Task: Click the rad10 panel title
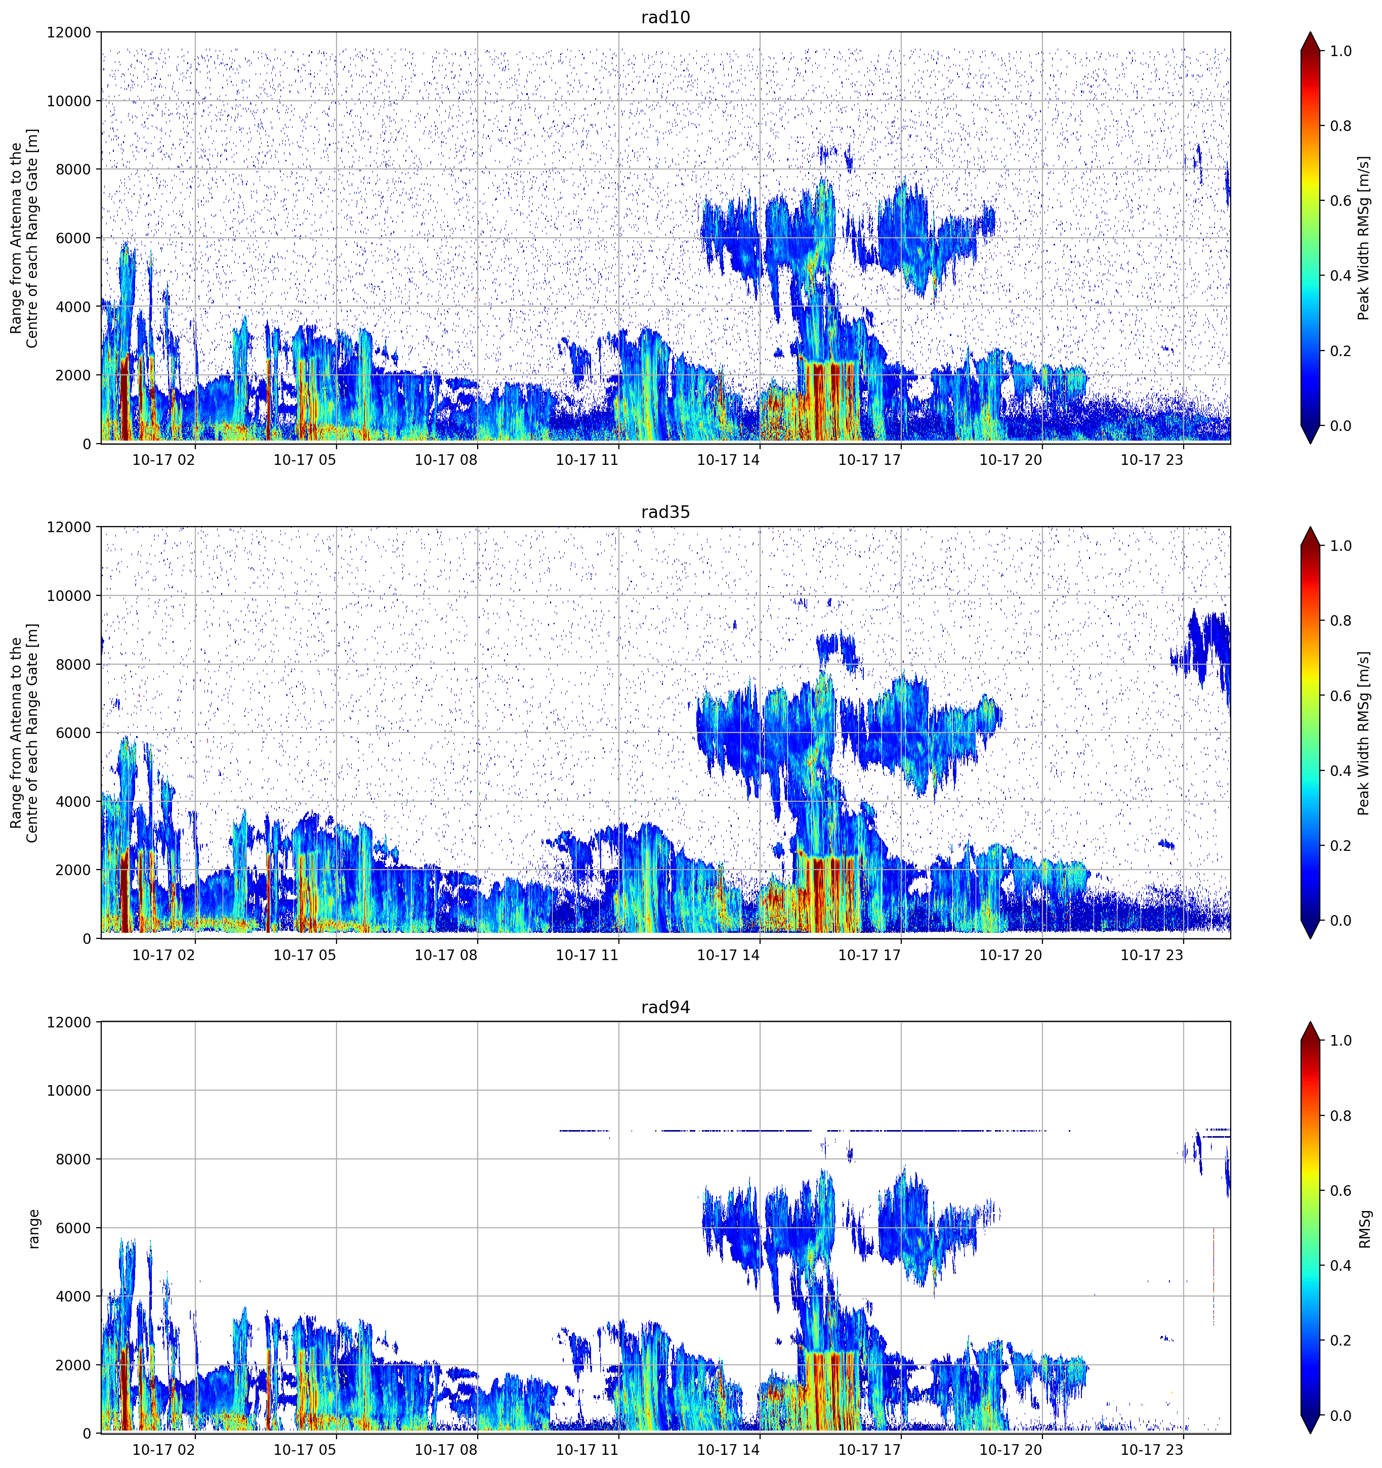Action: coord(665,18)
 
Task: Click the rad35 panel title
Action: coord(665,512)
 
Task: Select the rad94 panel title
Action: coord(665,1007)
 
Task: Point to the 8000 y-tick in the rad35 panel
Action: coord(74,665)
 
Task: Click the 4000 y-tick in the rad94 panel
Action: coord(74,1297)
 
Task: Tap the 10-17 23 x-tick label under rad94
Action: coord(1152,1450)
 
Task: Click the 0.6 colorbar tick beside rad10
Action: coord(1341,201)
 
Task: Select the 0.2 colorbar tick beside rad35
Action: coord(1341,845)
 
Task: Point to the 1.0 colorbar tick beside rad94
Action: coord(1341,1041)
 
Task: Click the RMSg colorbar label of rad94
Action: coord(1365,1228)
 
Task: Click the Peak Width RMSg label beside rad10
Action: coord(1364,238)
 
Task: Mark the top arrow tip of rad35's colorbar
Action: coord(1310,527)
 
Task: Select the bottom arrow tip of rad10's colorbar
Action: coord(1310,443)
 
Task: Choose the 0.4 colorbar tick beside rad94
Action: coord(1341,1266)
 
